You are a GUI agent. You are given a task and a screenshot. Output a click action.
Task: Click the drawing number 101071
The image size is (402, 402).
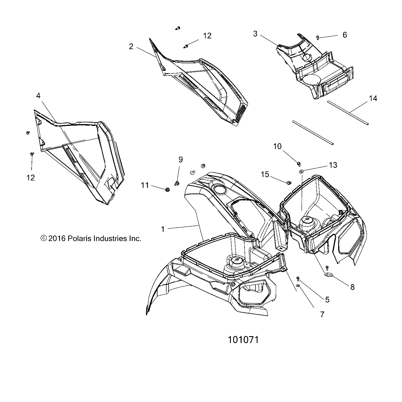pyautogui.click(x=243, y=340)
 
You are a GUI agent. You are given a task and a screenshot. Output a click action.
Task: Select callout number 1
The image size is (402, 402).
pyautogui.click(x=163, y=229)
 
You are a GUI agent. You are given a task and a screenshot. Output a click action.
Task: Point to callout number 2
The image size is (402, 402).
pyautogui.click(x=131, y=46)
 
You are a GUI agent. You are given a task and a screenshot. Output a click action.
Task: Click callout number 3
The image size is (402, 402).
pyautogui.click(x=255, y=34)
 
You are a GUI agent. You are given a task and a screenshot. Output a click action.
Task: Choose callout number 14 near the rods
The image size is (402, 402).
pyautogui.click(x=373, y=99)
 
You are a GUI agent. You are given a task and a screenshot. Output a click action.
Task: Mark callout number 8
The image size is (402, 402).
pyautogui.click(x=352, y=287)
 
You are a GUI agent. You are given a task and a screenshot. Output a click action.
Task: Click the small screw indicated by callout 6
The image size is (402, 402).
pyautogui.click(x=318, y=37)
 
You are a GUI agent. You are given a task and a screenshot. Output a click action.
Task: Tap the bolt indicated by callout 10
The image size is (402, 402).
pyautogui.click(x=298, y=164)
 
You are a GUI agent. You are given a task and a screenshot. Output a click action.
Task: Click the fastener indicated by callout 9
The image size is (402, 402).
pyautogui.click(x=176, y=183)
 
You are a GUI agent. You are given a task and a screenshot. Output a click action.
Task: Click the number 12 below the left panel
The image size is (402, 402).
pyautogui.click(x=30, y=178)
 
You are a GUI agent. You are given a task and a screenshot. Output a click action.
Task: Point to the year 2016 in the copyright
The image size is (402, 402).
pyautogui.click(x=57, y=238)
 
